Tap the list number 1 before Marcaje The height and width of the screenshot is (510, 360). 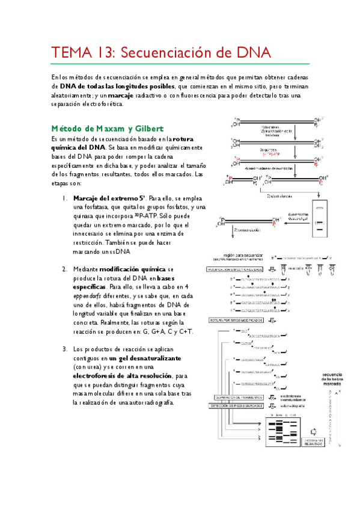coord(65,198)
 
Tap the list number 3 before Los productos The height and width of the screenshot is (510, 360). coord(65,349)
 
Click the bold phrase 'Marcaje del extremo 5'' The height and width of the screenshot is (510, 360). coord(109,198)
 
